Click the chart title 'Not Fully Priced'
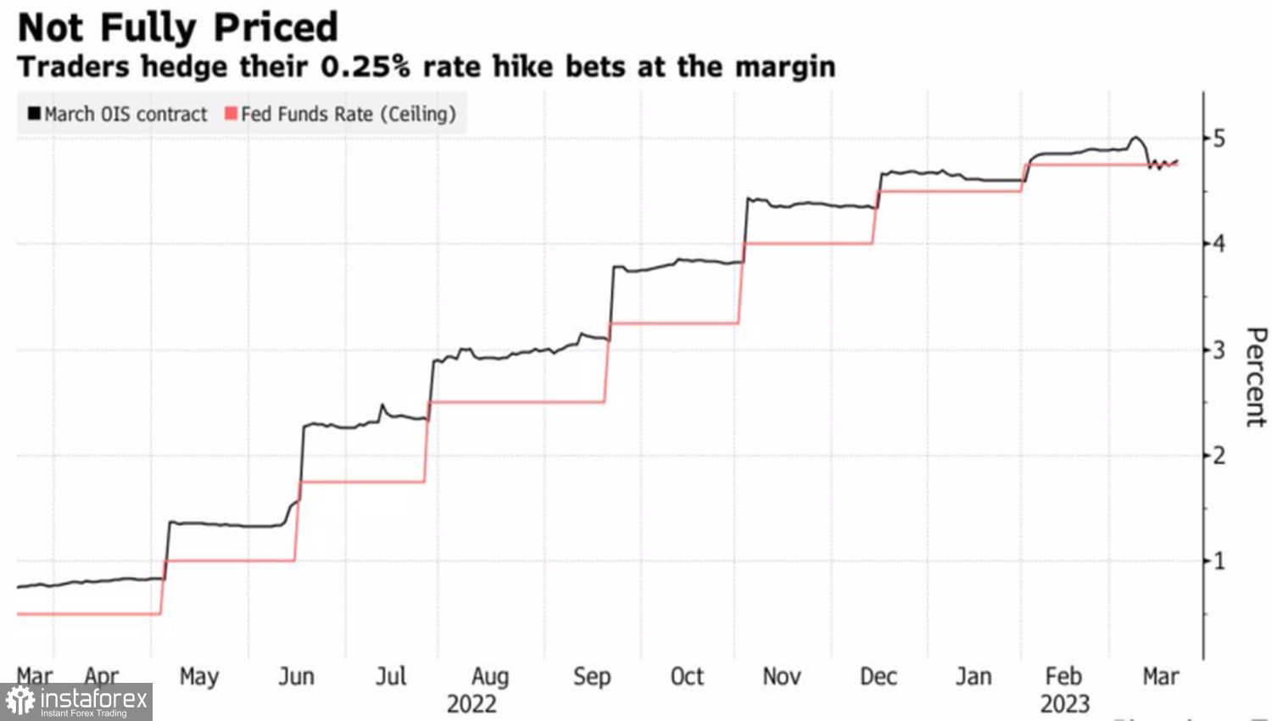177,27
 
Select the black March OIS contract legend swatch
34,114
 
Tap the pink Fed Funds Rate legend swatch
231,114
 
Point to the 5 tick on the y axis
1219,138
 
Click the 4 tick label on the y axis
1219,244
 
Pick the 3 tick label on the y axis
1219,349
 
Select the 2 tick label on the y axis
1219,456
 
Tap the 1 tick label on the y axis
1219,561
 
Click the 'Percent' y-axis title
1255,377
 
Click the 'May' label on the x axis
199,676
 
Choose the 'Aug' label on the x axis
490,676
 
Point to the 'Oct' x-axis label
687,676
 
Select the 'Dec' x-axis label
879,676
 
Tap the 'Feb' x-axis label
1063,676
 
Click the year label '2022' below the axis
471,704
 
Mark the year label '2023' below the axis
1064,704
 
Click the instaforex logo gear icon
20,702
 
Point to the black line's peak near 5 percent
1135,137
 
